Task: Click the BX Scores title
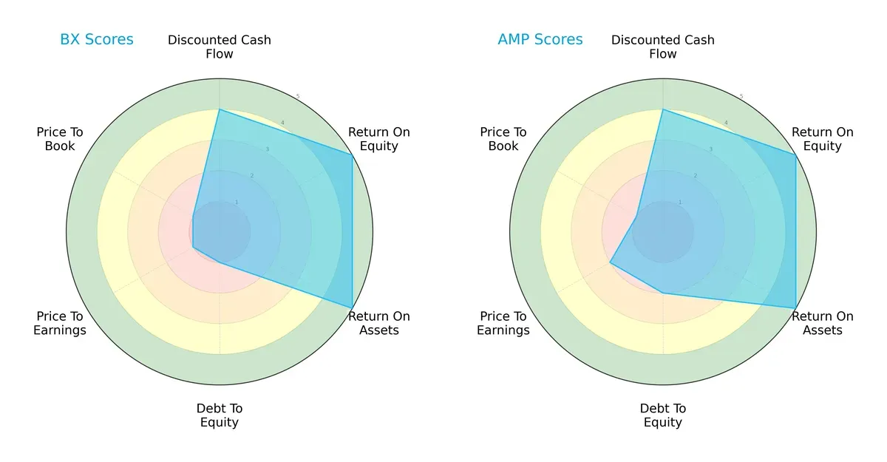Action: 96,39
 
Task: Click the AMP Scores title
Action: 540,39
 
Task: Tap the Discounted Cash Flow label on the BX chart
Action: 220,47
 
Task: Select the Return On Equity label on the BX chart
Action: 379,139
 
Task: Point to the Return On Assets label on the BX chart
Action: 379,323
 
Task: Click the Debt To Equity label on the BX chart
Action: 220,415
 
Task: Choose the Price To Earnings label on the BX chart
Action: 60,323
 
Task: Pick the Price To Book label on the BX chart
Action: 60,139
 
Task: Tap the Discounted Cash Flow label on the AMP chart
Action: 663,47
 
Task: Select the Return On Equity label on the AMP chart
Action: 823,139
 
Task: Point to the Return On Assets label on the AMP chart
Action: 823,323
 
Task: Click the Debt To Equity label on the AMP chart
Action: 663,415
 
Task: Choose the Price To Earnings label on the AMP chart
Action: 503,323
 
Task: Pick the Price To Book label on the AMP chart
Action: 503,139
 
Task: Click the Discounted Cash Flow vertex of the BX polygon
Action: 220,109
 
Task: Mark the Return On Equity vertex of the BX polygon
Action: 352,154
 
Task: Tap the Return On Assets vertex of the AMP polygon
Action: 795,308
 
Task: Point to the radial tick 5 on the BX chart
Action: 298,97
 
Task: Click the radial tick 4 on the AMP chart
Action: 726,123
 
